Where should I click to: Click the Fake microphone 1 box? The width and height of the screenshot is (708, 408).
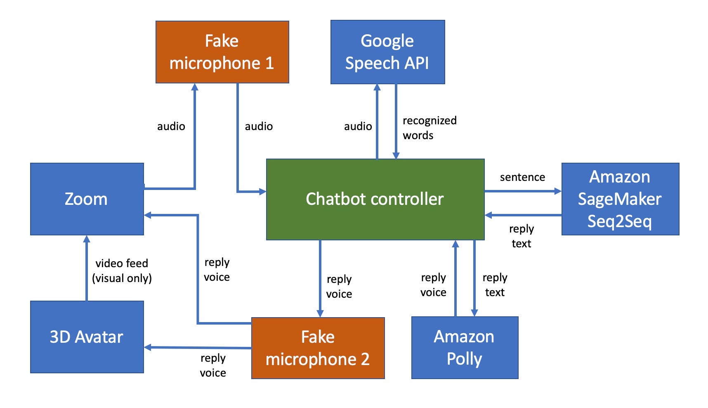(222, 52)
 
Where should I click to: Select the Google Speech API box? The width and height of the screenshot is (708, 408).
(387, 52)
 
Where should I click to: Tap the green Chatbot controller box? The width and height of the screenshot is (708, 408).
(375, 199)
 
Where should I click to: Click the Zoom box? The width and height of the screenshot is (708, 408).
(87, 199)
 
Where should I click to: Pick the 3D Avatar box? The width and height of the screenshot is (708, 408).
(87, 337)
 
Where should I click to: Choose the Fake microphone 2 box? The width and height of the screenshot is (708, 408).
(318, 348)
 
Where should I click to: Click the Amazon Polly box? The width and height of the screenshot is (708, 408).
(465, 348)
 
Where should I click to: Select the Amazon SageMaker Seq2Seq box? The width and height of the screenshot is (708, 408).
(620, 199)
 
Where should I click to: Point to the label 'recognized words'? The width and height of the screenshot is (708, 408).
(429, 128)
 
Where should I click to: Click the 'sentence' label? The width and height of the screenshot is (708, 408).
(522, 177)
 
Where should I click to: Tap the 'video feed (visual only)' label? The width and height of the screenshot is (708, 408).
(122, 270)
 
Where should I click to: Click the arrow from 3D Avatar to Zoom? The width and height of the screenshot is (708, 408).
(87, 268)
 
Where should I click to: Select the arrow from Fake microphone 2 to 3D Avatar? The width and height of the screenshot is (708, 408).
(198, 348)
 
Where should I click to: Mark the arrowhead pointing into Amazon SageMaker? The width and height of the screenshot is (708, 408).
(558, 191)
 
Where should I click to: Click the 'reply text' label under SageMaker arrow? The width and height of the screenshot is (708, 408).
(522, 236)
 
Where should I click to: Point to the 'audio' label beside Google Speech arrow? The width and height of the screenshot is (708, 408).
(358, 126)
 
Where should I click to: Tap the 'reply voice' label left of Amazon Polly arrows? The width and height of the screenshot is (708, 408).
(433, 285)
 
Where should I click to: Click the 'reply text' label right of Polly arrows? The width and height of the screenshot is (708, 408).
(495, 285)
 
